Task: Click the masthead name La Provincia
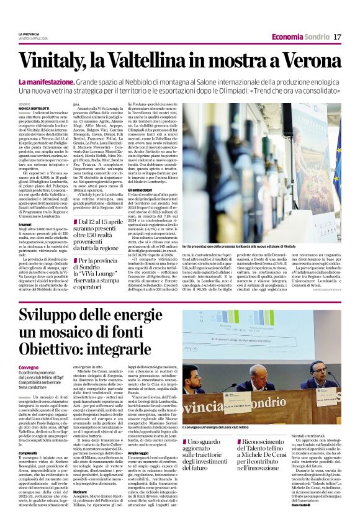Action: pos(29,34)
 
